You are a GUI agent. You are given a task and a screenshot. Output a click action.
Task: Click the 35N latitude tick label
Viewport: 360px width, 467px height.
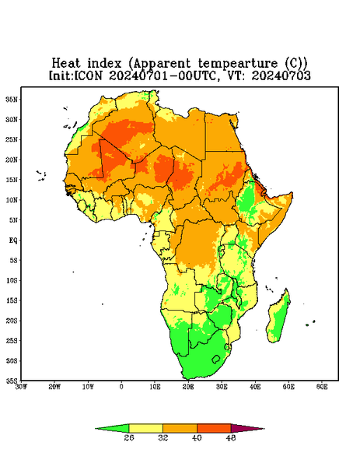(x=12, y=100)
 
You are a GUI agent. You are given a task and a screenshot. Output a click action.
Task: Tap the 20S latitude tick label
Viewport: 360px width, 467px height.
(x=12, y=321)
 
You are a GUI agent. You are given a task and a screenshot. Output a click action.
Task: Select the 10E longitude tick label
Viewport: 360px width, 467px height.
(x=155, y=387)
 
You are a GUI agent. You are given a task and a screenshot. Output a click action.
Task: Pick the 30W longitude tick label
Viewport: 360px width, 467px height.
(x=22, y=387)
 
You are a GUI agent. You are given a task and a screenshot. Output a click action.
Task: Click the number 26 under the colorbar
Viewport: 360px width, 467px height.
(x=129, y=437)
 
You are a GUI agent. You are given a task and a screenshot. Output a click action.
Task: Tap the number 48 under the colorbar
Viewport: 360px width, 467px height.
(x=231, y=437)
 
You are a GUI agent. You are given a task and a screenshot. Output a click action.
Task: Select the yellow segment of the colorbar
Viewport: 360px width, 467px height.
(x=145, y=428)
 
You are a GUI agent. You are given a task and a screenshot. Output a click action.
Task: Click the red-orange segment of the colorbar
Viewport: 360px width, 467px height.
(x=214, y=428)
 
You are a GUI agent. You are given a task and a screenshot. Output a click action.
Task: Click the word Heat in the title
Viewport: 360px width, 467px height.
(x=66, y=64)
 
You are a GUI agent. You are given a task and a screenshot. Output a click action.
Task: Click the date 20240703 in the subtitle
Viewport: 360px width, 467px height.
(x=281, y=75)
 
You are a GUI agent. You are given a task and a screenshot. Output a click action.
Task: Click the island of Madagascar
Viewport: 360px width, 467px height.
(x=279, y=318)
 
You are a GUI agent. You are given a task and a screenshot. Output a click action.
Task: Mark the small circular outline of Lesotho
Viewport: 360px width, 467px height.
(x=216, y=359)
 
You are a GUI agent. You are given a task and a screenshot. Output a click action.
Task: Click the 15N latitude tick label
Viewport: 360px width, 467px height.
(x=12, y=180)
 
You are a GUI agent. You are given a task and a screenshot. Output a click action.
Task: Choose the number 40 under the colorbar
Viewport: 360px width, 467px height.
(x=197, y=437)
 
